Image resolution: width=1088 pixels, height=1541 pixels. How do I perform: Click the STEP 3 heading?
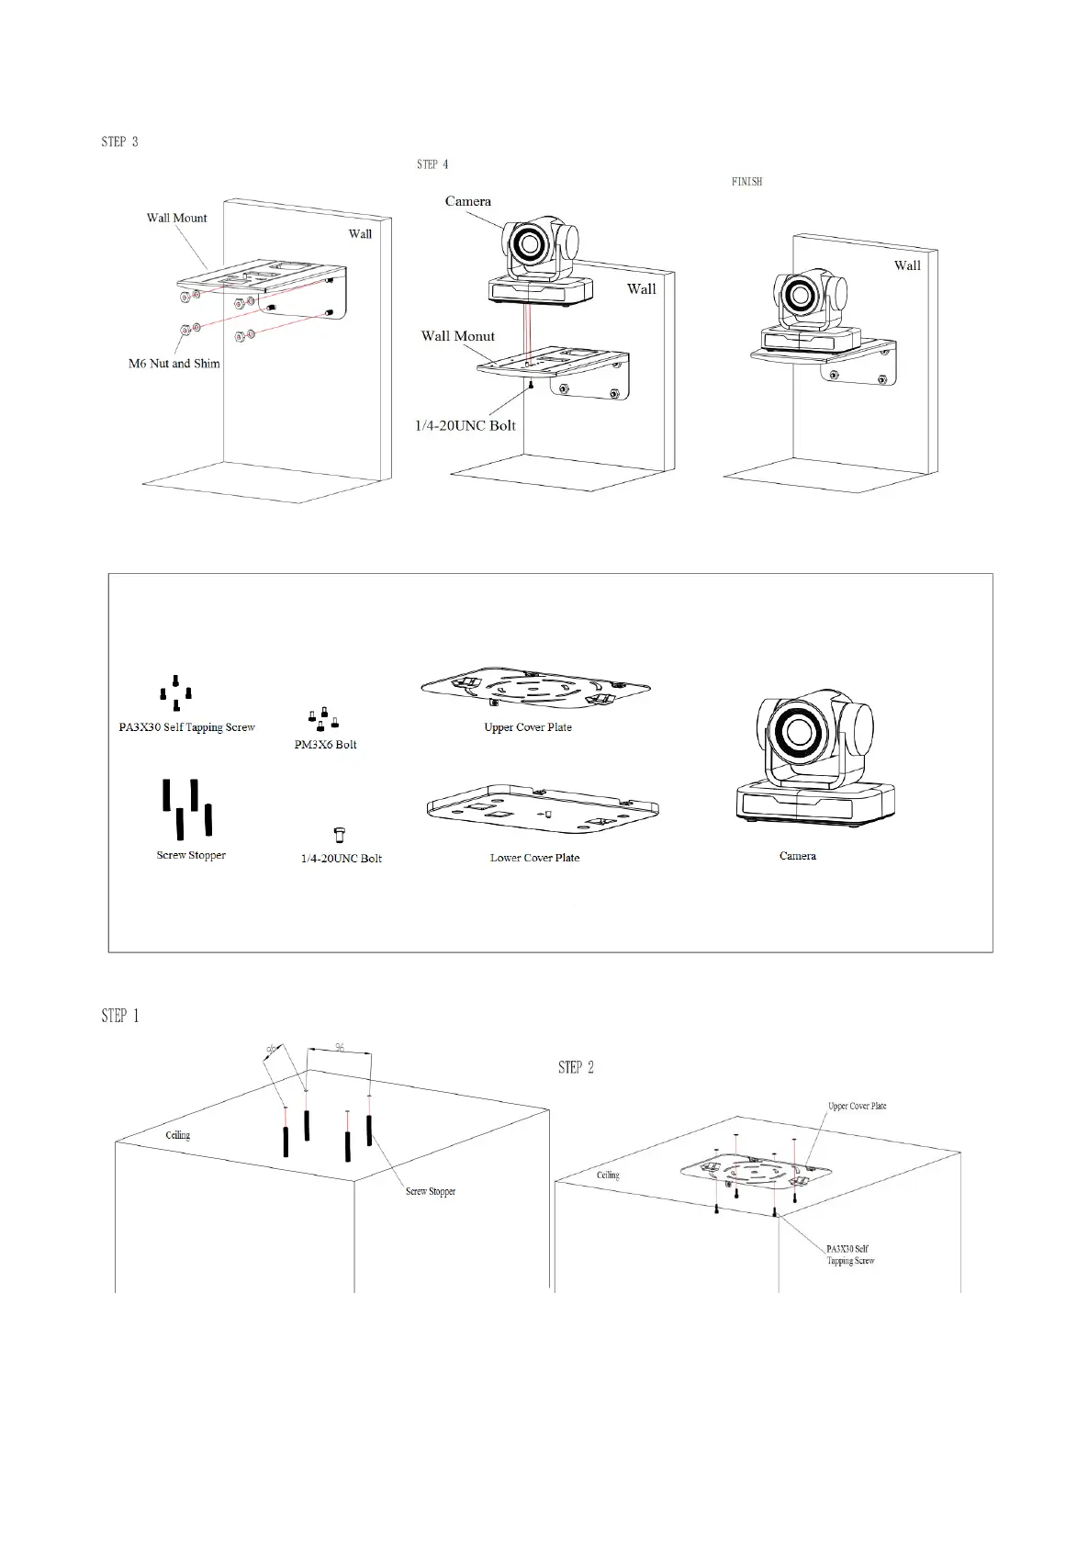pos(119,141)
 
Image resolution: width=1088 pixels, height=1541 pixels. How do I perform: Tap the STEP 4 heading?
pos(432,164)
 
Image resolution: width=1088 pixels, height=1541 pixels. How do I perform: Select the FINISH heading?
pos(746,182)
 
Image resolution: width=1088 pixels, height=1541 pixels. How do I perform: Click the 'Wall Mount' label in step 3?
pos(176,218)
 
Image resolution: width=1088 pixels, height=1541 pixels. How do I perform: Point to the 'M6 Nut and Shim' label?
pos(174,364)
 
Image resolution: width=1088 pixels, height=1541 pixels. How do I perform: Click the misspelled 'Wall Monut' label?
pos(457,336)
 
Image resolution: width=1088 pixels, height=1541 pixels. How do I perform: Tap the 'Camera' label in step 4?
pos(467,201)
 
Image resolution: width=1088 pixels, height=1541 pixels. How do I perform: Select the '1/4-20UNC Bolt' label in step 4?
pos(465,426)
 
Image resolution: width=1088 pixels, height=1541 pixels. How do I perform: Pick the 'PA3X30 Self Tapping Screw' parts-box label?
pos(186,727)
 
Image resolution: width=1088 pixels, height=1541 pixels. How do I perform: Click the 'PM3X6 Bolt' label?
pos(325,745)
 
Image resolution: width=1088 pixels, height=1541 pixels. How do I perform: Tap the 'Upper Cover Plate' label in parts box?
pos(527,727)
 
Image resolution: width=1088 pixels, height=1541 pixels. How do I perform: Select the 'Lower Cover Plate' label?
pos(534,858)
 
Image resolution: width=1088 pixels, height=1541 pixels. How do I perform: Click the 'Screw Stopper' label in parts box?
pos(190,855)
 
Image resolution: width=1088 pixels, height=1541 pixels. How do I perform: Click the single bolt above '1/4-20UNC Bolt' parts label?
pos(339,834)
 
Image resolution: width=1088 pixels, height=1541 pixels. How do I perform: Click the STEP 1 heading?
pos(120,1016)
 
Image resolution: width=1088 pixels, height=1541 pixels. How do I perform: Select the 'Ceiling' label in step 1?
pos(177,1135)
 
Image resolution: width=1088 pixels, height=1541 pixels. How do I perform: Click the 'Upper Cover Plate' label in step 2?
pos(857,1106)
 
